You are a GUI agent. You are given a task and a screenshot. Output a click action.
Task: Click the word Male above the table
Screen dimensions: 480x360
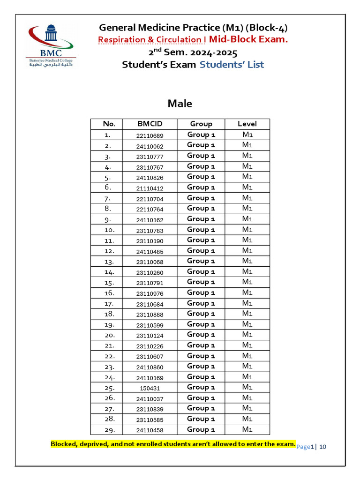click(x=180, y=104)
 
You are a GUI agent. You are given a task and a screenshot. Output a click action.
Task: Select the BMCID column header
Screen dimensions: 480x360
click(x=150, y=124)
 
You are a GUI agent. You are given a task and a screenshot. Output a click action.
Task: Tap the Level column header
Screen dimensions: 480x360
click(x=247, y=124)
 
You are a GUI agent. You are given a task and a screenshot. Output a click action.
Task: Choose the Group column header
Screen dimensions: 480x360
click(x=201, y=124)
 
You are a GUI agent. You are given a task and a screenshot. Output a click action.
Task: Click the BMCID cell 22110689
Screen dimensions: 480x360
click(x=150, y=135)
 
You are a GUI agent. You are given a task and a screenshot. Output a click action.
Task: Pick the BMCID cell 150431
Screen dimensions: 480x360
click(x=150, y=388)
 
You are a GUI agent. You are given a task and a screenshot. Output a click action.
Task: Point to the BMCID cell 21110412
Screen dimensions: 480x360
click(x=150, y=188)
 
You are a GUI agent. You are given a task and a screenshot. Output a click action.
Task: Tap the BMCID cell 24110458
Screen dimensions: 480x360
click(x=150, y=430)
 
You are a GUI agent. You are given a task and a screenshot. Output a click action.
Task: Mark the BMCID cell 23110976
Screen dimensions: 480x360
click(x=150, y=293)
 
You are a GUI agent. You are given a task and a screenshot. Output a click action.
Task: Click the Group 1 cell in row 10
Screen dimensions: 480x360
click(x=201, y=230)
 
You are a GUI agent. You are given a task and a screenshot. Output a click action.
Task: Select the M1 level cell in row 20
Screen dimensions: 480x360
click(x=247, y=335)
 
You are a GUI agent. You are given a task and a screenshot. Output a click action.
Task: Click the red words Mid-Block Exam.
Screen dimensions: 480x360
click(x=248, y=39)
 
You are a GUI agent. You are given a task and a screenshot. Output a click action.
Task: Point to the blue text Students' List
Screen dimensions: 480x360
click(x=232, y=65)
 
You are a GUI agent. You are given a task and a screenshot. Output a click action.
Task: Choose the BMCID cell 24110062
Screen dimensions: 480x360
click(x=150, y=146)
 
